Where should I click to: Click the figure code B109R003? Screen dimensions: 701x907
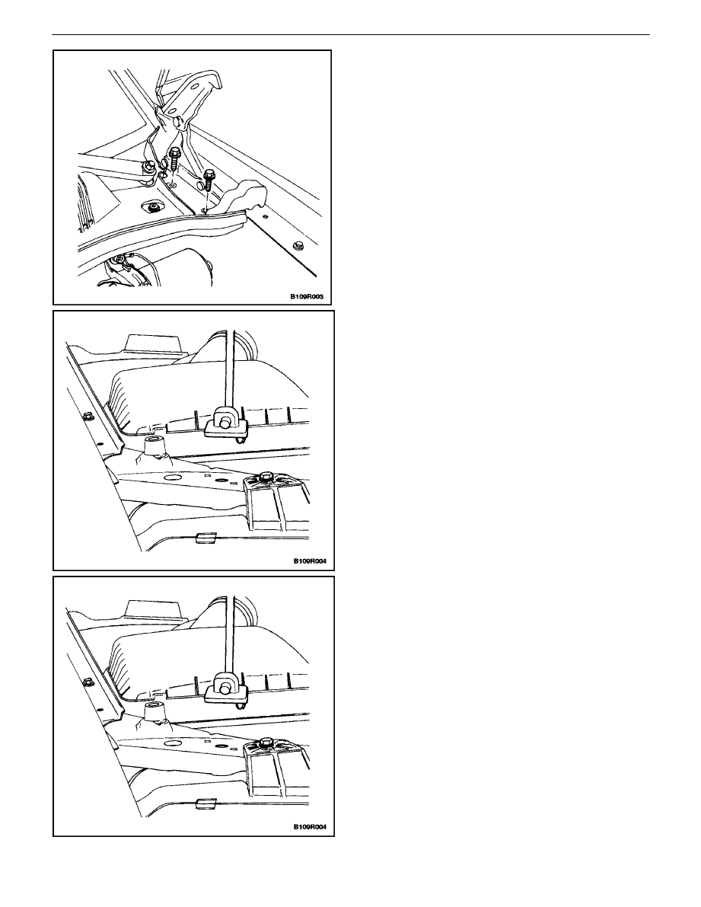tap(306, 297)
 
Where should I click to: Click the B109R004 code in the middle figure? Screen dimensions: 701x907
tap(309, 561)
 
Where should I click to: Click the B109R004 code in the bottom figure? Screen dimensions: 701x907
tap(309, 826)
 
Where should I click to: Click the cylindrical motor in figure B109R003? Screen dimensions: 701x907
tap(185, 267)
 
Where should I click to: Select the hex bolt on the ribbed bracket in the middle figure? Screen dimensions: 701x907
tap(266, 477)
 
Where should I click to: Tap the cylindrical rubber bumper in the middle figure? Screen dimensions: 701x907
tap(155, 446)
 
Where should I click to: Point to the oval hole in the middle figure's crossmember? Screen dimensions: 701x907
tap(172, 477)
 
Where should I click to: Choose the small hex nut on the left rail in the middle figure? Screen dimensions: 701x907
tap(88, 415)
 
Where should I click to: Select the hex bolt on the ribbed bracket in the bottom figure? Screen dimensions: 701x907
tap(266, 743)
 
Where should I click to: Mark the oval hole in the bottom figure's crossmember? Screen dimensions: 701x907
tap(172, 743)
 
